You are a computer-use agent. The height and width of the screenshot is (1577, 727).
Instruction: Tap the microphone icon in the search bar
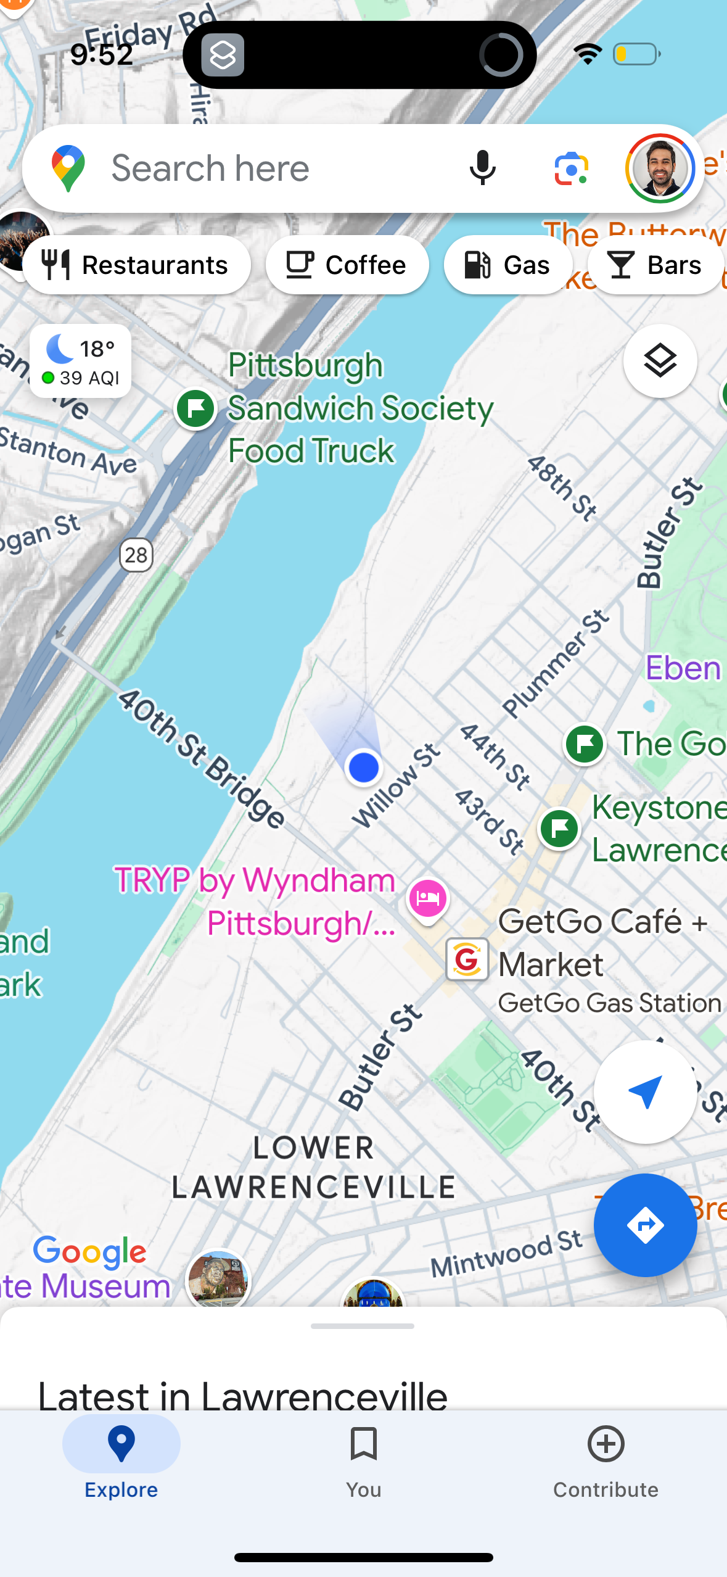[x=482, y=168]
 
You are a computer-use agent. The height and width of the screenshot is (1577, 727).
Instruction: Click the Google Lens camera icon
[x=571, y=168]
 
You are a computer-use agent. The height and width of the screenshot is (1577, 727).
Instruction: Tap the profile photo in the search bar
[x=660, y=168]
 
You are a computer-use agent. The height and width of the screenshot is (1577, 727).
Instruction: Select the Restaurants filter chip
[x=136, y=265]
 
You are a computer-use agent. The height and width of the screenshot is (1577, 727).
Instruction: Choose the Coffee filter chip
[x=347, y=265]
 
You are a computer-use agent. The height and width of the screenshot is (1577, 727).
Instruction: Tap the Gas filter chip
[x=507, y=265]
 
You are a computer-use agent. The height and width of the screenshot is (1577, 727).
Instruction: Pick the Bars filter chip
[x=655, y=265]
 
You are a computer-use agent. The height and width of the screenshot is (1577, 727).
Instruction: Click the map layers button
[x=660, y=361]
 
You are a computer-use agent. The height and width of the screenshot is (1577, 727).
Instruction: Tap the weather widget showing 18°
[x=81, y=362]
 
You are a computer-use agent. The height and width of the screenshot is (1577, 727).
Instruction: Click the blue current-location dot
[x=363, y=768]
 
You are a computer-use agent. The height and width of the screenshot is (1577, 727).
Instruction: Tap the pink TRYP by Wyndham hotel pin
[x=427, y=898]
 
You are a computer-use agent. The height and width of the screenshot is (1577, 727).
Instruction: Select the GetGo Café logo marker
[x=467, y=959]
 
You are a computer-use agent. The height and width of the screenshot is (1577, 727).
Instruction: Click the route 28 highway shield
[x=136, y=555]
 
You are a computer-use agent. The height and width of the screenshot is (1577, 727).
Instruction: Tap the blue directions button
[x=645, y=1225]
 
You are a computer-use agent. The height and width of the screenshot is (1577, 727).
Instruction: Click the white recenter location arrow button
[x=645, y=1091]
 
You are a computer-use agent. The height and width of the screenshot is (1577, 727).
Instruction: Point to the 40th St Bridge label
[x=202, y=758]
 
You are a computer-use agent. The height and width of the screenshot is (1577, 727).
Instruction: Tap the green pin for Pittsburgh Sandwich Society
[x=195, y=408]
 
